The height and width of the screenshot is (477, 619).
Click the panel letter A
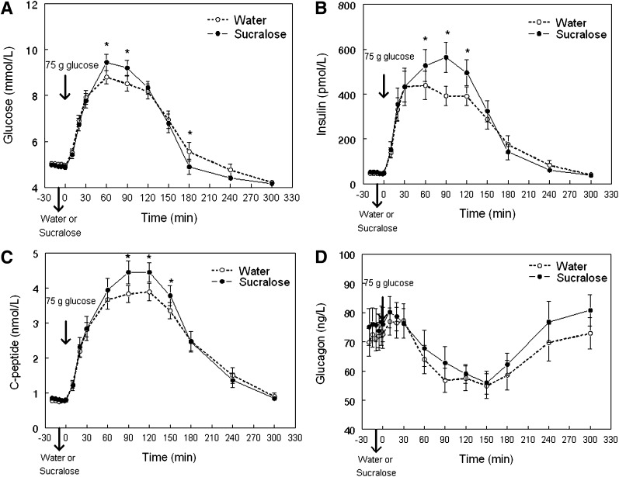coord(7,9)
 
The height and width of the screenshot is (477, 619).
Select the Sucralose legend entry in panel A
coord(247,34)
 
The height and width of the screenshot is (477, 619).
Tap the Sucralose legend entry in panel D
coord(567,278)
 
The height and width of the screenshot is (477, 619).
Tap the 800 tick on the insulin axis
coord(349,5)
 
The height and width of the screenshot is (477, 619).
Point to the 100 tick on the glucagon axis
coord(348,255)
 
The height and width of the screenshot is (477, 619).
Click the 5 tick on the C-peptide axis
coord(36,254)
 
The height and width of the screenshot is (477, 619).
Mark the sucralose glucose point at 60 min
coord(106,62)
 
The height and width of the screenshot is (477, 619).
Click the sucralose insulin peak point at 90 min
coord(446,57)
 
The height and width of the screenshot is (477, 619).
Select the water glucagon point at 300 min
coord(590,334)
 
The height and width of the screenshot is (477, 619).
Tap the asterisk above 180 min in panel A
coord(190,133)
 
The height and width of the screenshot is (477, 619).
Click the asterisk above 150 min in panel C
coord(171,281)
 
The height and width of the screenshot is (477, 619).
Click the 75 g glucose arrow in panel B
coord(384,85)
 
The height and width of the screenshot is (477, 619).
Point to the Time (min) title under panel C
coord(169,457)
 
